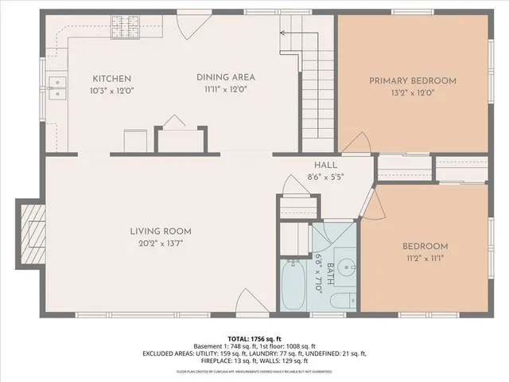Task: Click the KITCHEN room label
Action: click(x=112, y=78)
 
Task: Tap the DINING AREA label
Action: click(x=226, y=77)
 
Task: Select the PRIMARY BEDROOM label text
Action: click(x=413, y=80)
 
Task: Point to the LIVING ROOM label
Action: click(x=161, y=232)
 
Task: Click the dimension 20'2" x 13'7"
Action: click(x=161, y=244)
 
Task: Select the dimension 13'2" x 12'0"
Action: click(x=413, y=92)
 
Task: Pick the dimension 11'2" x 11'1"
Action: click(x=424, y=258)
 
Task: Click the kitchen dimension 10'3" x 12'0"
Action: click(x=112, y=90)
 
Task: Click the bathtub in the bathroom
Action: click(x=293, y=284)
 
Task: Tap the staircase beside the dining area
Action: click(x=316, y=95)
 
